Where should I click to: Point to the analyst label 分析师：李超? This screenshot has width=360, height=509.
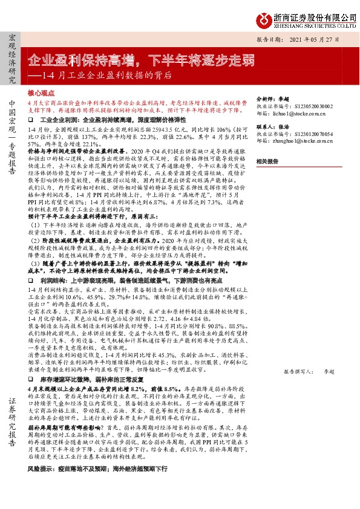point(271,97)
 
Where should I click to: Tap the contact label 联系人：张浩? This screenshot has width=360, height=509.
point(271,128)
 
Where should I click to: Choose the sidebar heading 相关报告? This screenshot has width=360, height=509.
point(267,161)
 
